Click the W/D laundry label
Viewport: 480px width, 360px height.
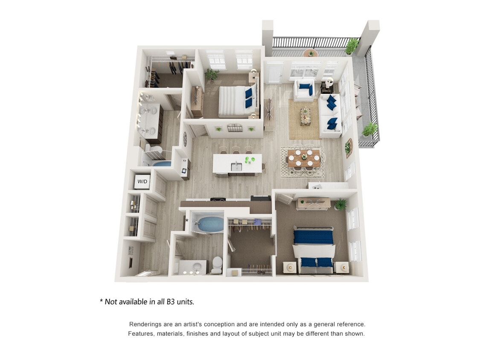coord(142,182)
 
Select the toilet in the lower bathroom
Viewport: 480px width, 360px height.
coord(217,264)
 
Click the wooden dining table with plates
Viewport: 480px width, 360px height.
coord(304,158)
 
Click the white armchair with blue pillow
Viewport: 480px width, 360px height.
coord(304,90)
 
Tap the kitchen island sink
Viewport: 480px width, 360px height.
coord(236,167)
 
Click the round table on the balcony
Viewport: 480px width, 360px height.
coord(311,53)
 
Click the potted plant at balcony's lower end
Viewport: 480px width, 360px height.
coord(369,128)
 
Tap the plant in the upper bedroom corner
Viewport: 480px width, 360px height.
coord(211,75)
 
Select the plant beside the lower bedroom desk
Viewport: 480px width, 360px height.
coord(340,204)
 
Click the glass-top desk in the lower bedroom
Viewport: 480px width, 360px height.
coord(314,203)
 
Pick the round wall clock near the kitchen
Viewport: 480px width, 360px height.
coord(185,139)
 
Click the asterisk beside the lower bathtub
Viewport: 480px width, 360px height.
coord(186,221)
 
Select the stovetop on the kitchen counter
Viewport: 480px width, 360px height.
coord(218,199)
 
